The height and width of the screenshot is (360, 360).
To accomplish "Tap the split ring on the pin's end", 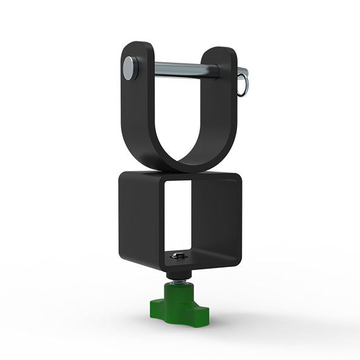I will (243, 86).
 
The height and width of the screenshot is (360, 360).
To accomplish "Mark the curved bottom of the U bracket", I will (183, 163).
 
